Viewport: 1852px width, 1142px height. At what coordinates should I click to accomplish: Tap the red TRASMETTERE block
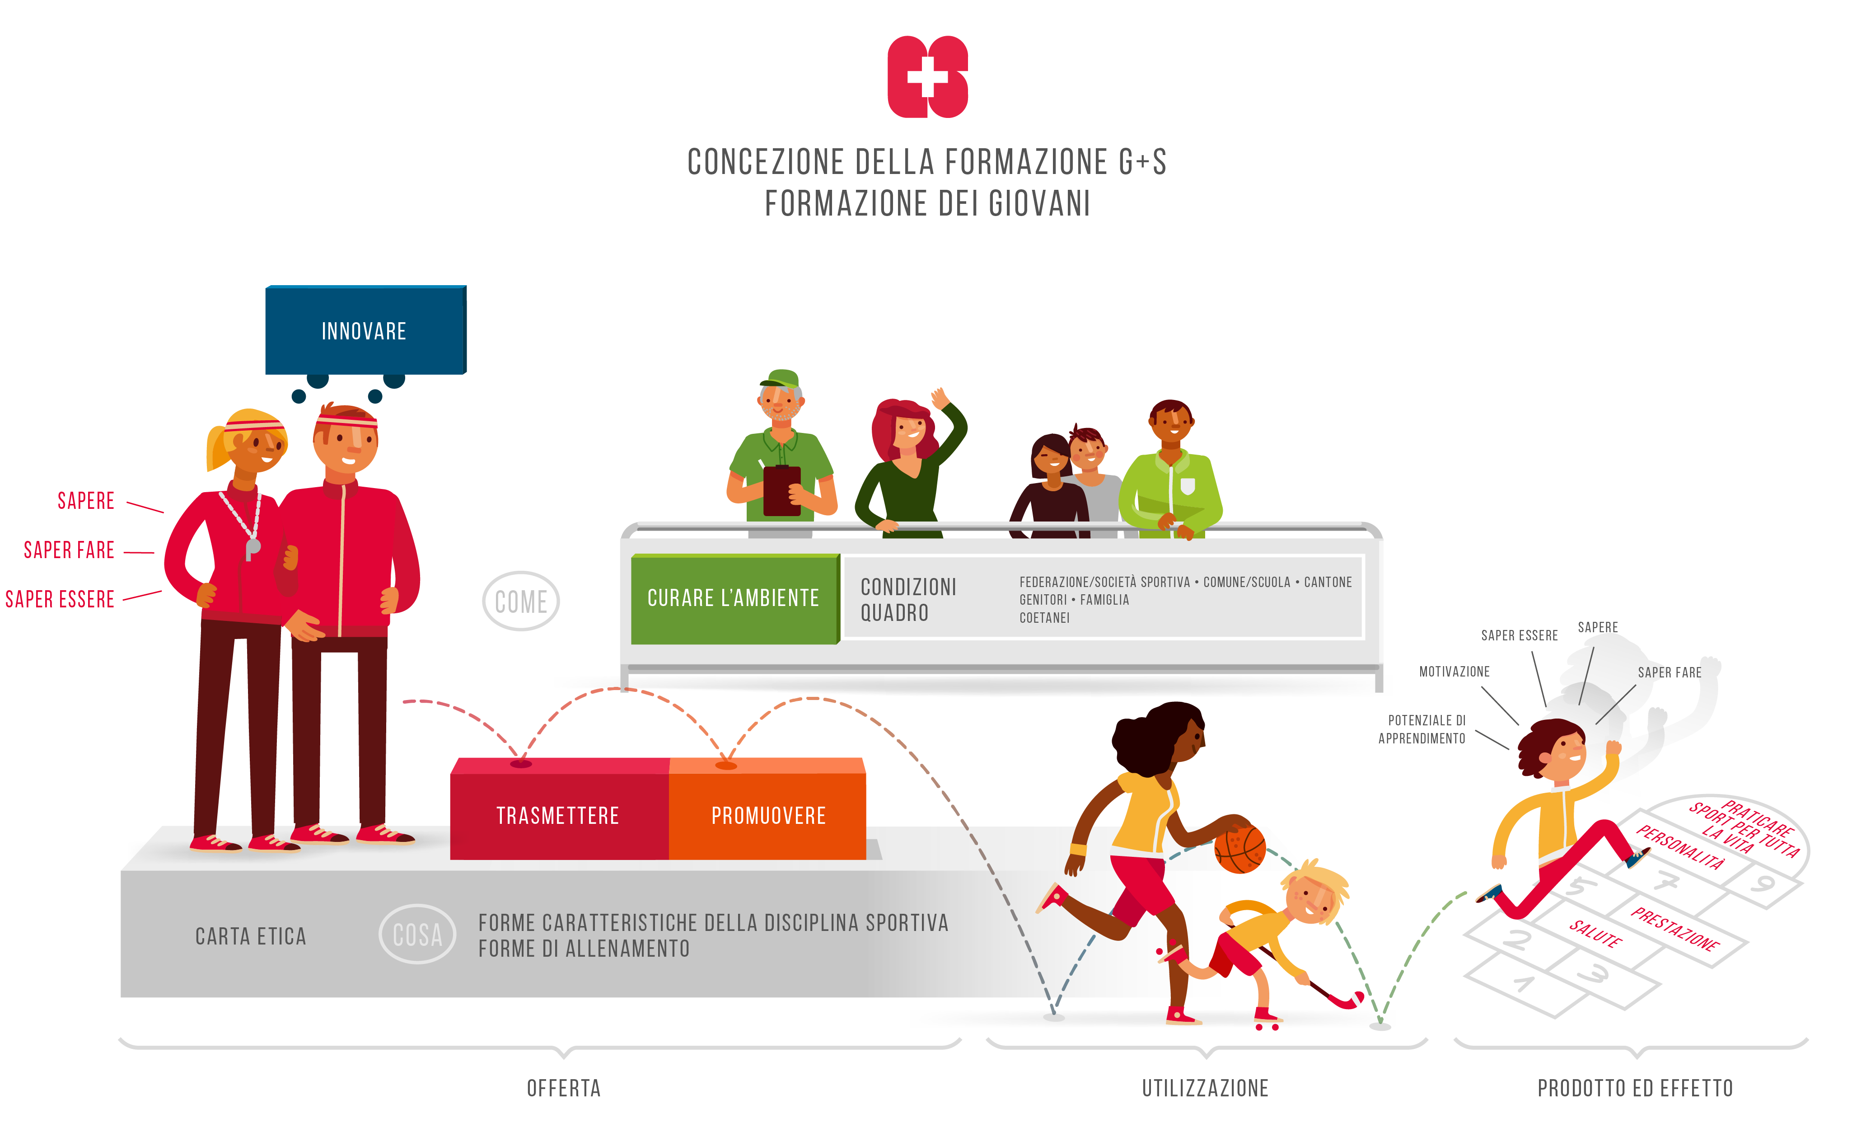pos(558,815)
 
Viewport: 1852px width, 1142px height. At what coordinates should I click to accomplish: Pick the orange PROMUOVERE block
pos(768,815)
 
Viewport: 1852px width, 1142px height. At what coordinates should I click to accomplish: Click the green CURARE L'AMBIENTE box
pos(733,598)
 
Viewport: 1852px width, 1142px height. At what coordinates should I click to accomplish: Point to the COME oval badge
pos(521,601)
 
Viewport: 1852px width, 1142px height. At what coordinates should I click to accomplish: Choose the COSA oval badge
pos(417,934)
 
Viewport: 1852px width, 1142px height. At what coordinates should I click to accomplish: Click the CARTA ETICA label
pos(251,936)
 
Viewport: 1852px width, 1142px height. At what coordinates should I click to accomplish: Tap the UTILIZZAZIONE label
pos(1205,1088)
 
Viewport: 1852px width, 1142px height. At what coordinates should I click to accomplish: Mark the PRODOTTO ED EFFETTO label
pos(1635,1088)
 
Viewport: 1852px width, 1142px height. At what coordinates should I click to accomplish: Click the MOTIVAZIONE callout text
pos(1454,672)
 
